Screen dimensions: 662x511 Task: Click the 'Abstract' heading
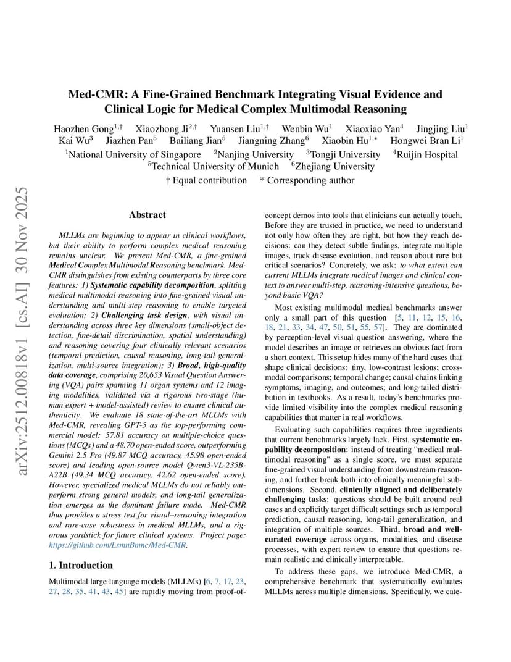pyautogui.click(x=147, y=215)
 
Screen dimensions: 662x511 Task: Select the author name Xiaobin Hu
pyautogui.click(x=344, y=141)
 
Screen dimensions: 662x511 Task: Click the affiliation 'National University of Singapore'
pyautogui.click(x=135, y=154)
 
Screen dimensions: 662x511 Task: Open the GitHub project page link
pyautogui.click(x=118, y=545)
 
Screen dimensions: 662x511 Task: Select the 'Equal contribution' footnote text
pyautogui.click(x=209, y=180)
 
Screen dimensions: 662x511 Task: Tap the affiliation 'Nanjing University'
pyautogui.click(x=255, y=154)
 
